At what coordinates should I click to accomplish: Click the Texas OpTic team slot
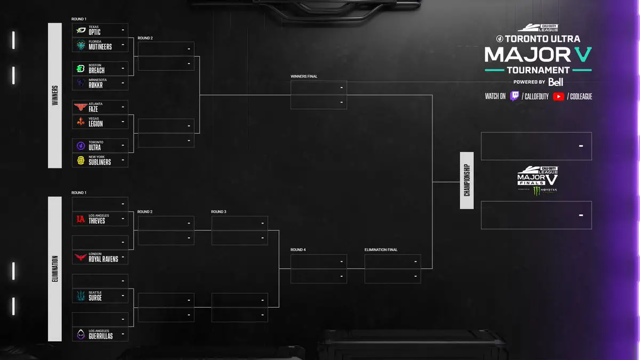(x=100, y=30)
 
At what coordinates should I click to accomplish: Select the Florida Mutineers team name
(x=100, y=46)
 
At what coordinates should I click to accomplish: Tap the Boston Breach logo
(x=81, y=69)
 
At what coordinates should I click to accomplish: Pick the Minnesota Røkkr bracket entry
(x=100, y=83)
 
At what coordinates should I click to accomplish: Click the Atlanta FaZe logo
(x=81, y=107)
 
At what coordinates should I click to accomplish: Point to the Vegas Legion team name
(x=96, y=124)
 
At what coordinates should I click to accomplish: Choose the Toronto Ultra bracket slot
(x=100, y=146)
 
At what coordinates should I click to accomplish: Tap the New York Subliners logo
(x=81, y=160)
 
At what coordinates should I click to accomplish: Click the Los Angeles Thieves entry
(x=100, y=219)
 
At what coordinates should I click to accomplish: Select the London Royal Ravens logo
(x=81, y=258)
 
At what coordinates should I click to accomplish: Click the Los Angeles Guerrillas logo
(x=81, y=334)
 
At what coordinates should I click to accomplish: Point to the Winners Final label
(x=304, y=76)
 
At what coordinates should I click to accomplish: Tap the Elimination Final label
(x=381, y=250)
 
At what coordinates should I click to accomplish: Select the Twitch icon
(x=514, y=97)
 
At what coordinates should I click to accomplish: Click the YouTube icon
(x=558, y=97)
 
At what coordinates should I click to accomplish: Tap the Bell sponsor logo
(x=556, y=82)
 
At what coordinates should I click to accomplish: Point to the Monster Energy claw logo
(x=537, y=190)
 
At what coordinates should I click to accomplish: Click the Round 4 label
(x=298, y=250)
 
